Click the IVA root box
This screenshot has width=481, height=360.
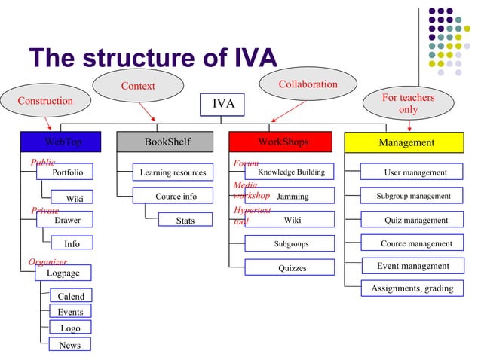coord(222,104)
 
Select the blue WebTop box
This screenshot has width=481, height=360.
coord(63,142)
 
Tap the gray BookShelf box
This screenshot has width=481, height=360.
coord(167,142)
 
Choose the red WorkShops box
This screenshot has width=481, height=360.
coord(280,142)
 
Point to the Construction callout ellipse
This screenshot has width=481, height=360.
coord(45,101)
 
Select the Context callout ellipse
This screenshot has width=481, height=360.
coord(138,86)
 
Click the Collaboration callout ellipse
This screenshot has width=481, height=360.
coord(308,84)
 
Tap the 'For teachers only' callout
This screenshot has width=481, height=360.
coord(408,104)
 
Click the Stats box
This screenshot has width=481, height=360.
coord(185,221)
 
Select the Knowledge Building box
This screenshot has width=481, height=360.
coord(290,172)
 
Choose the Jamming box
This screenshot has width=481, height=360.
coord(290,196)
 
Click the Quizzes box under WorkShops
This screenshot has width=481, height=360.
coord(290,267)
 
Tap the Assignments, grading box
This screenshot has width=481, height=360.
coord(412,288)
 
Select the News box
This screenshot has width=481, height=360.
coord(69,345)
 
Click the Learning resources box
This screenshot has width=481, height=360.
coord(173,172)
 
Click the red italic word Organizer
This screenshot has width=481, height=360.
coord(47,262)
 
